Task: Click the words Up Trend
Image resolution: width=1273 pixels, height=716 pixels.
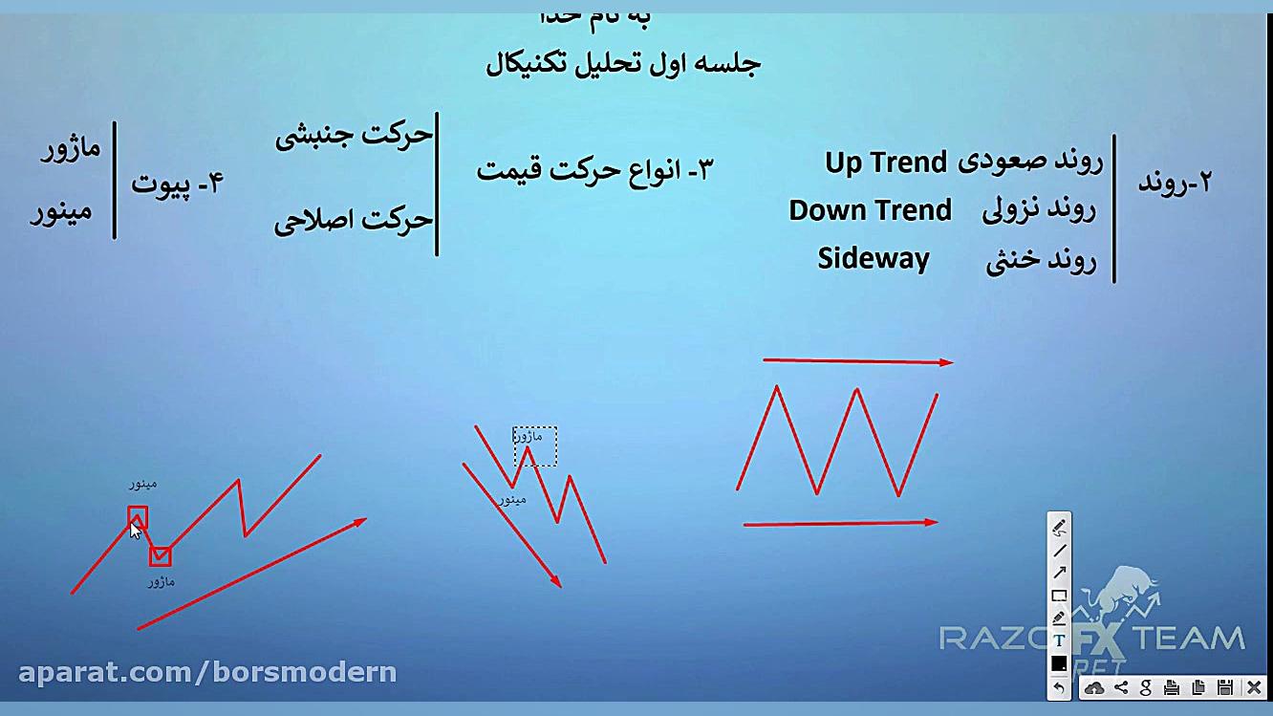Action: [886, 163]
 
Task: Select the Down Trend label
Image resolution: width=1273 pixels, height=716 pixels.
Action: [870, 210]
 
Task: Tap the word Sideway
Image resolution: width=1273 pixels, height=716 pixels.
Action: [874, 259]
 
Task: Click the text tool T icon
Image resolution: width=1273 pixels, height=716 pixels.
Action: [1059, 640]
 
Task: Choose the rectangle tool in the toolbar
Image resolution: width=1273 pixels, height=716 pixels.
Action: [1059, 596]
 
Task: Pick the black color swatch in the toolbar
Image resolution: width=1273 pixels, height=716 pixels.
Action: [1059, 663]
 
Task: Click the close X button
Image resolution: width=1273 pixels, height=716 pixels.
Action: [1254, 687]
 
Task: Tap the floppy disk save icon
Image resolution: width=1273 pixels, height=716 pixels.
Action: [1224, 687]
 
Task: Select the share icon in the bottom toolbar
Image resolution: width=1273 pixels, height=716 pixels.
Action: [1121, 687]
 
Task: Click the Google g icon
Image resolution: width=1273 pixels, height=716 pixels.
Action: [1146, 687]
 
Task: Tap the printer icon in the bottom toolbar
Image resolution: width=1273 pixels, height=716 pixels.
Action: [1172, 687]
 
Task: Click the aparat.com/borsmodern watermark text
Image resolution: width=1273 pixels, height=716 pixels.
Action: [207, 672]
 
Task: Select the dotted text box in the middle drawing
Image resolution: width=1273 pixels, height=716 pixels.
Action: [535, 445]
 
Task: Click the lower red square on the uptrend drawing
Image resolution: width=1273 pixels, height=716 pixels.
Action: [160, 555]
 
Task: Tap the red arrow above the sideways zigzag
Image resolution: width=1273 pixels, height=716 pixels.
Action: [857, 361]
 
